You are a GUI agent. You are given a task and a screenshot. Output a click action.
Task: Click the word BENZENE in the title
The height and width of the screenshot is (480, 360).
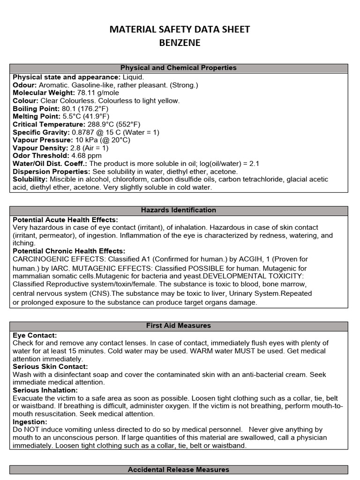180,43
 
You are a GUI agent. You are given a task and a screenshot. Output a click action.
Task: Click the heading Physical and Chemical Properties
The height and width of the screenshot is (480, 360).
179,68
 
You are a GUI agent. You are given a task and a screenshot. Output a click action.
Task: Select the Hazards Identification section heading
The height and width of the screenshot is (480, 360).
179,210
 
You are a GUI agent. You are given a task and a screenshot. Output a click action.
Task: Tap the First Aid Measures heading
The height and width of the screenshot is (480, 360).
179,325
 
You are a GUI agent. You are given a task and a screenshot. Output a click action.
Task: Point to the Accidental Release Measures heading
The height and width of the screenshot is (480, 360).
179,469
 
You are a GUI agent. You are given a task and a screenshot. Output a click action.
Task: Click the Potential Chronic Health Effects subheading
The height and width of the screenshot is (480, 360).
69,251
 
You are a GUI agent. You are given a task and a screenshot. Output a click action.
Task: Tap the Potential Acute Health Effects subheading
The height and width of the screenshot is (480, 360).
65,220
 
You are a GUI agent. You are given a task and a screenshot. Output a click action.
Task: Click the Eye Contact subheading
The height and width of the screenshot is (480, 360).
35,336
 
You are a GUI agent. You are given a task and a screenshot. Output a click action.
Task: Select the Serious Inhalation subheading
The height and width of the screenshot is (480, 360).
45,390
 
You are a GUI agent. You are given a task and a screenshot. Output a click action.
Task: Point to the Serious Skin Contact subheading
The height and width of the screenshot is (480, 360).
50,367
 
